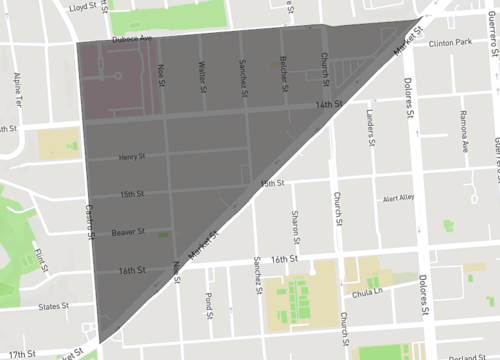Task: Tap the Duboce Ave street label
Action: tap(132, 39)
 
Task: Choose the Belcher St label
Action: tap(284, 70)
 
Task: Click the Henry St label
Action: tap(131, 157)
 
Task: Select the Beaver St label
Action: tap(128, 232)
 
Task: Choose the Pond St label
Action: tap(208, 301)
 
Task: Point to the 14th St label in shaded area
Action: tap(328, 104)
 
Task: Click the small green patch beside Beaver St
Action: tap(163, 235)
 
